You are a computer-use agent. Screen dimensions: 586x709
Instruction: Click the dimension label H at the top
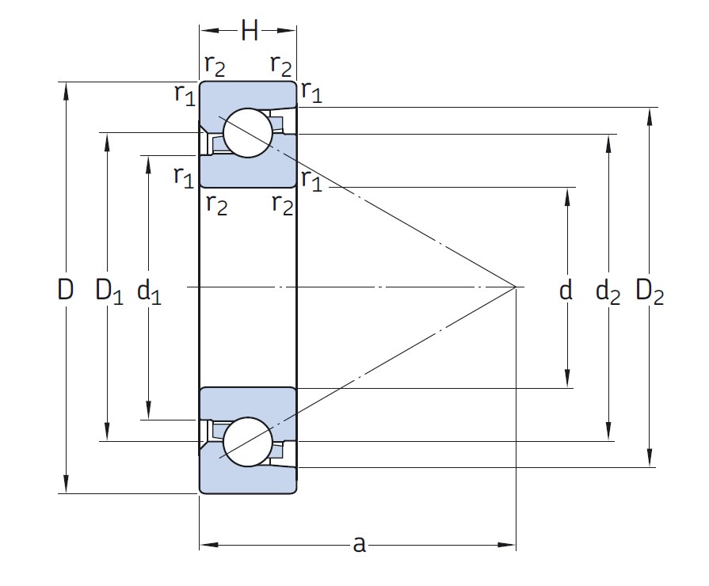point(250,32)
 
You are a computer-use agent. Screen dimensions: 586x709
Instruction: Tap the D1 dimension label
point(109,291)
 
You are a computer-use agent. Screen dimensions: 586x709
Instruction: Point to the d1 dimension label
point(149,292)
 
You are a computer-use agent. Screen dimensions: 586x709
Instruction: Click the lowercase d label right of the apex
point(566,291)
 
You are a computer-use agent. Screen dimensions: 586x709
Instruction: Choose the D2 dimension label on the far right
point(650,292)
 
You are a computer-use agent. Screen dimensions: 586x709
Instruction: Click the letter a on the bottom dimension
point(359,544)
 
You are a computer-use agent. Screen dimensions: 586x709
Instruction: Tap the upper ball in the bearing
point(247,132)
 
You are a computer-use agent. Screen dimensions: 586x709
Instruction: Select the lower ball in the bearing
point(247,442)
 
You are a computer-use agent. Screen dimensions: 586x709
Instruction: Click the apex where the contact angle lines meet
point(516,286)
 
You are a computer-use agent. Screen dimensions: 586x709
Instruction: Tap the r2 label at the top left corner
point(215,66)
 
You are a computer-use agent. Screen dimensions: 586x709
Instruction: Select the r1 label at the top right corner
point(311,93)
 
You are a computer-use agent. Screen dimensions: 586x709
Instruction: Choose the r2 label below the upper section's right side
point(282,204)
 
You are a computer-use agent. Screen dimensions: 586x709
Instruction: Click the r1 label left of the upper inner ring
point(184,175)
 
